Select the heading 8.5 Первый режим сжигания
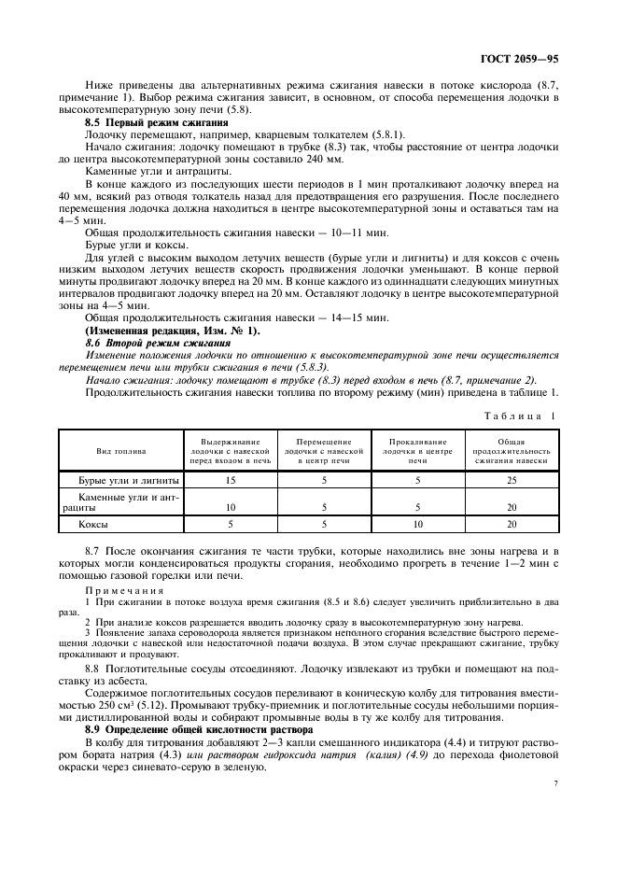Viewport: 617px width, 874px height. coord(156,122)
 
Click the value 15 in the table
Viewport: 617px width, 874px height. coord(230,480)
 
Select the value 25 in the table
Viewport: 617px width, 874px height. coord(511,480)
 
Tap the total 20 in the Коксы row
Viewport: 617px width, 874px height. coord(511,525)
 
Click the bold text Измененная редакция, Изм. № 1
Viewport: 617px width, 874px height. coord(173,331)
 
